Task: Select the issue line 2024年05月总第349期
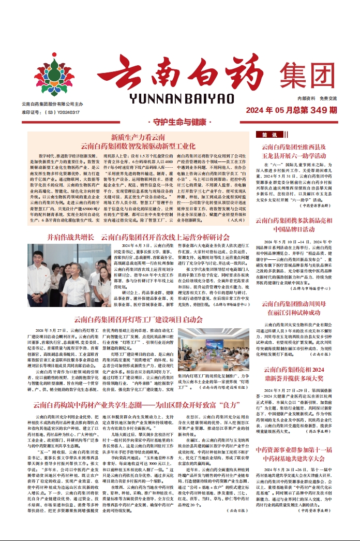pos(292,110)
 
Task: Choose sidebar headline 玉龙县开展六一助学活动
pos(301,155)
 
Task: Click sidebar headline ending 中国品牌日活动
pos(301,229)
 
